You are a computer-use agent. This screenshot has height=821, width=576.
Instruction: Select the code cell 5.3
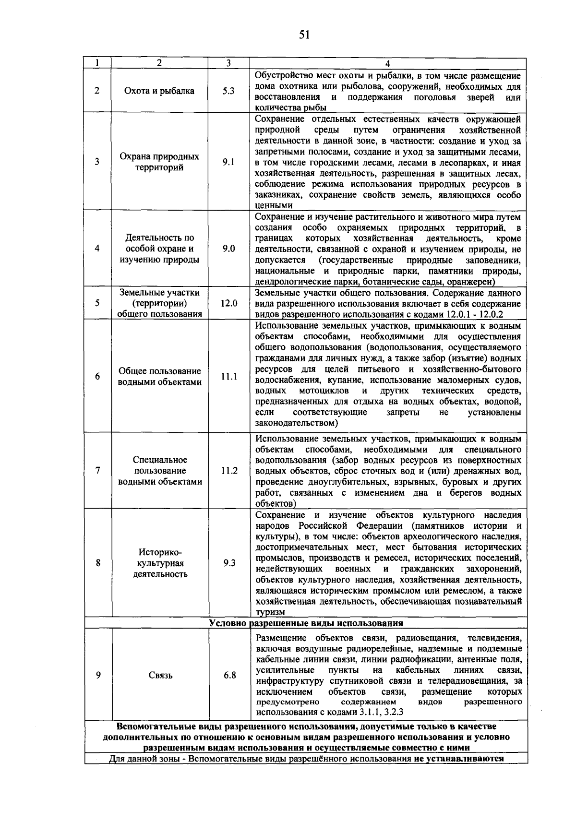[x=228, y=91]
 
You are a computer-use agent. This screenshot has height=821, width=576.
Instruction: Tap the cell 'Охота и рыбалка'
[x=159, y=91]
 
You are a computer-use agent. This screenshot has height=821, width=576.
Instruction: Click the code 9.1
[x=228, y=162]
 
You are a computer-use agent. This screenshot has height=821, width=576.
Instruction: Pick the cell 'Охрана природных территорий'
[x=159, y=162]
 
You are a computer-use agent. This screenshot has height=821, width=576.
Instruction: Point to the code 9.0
[x=228, y=249]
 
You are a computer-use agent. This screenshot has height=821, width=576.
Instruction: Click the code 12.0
[x=228, y=303]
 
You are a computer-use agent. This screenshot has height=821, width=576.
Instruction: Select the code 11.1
[x=229, y=377]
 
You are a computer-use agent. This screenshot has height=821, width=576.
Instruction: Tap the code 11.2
[x=229, y=471]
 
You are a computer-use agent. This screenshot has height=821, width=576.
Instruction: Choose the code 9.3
[x=229, y=563]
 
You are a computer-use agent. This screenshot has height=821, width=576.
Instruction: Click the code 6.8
[x=229, y=675]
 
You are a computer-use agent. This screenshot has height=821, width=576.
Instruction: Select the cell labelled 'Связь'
[x=160, y=676]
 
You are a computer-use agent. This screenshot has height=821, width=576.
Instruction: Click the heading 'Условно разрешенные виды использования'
[x=306, y=623]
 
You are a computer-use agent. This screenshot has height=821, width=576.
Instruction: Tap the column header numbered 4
[x=387, y=63]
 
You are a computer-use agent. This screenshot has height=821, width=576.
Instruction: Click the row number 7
[x=97, y=471]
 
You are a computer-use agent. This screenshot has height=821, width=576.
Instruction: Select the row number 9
[x=98, y=675]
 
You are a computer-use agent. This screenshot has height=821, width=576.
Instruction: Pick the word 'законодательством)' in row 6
[x=297, y=423]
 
